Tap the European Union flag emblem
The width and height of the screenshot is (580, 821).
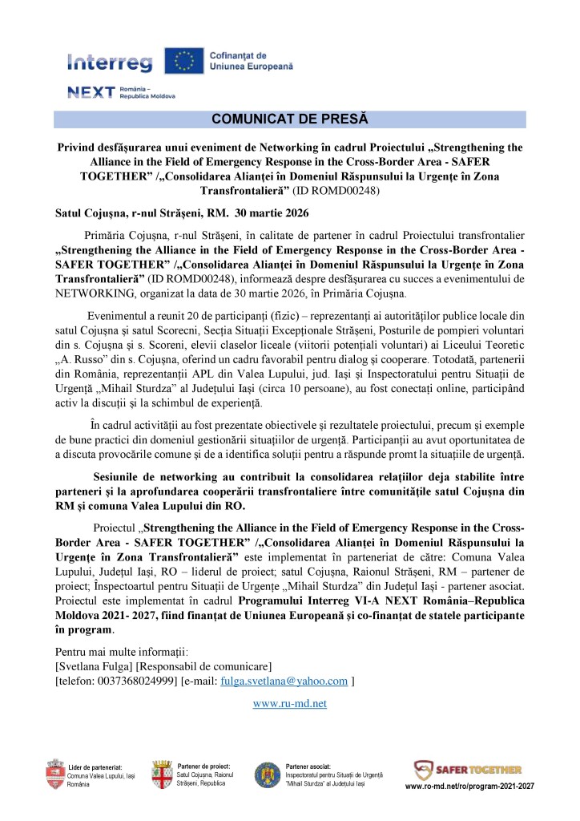tap(183, 61)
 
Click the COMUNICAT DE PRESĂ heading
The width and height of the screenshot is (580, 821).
tap(289, 119)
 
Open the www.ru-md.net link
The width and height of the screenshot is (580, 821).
tap(289, 703)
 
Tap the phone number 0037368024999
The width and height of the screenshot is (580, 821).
tap(137, 681)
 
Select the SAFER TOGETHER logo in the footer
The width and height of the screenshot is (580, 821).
tap(468, 770)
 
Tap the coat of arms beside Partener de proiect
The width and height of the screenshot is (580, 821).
tap(162, 774)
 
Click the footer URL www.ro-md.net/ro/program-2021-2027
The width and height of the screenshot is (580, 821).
tap(469, 787)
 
